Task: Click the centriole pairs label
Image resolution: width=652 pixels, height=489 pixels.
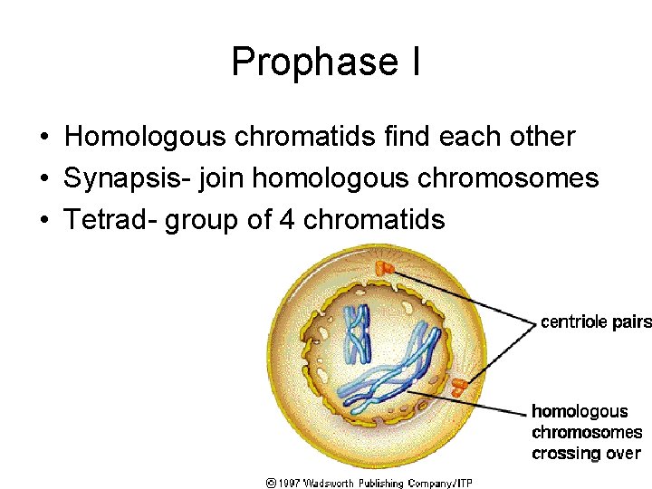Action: coord(595,321)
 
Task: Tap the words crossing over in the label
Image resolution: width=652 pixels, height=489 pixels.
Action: coord(586,454)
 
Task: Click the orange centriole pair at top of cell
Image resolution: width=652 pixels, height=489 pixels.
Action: coord(386,267)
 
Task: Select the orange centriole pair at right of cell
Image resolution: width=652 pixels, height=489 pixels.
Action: coord(461,387)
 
